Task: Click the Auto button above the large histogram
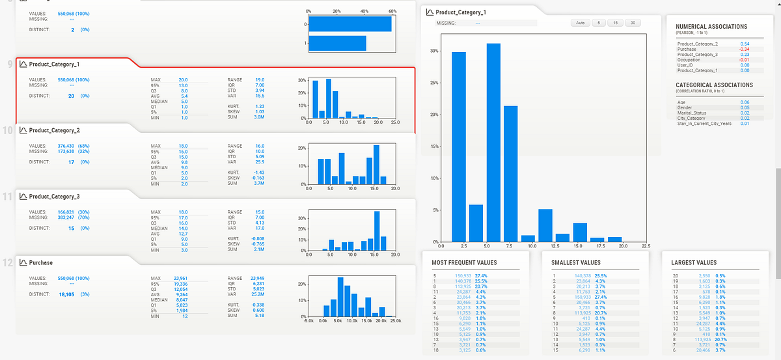pos(580,23)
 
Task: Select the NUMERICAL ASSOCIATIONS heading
pos(711,27)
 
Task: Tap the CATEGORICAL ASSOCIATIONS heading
pos(714,85)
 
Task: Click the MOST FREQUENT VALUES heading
pos(464,263)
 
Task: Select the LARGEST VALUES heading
pos(693,263)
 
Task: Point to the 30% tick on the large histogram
pos(434,50)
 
